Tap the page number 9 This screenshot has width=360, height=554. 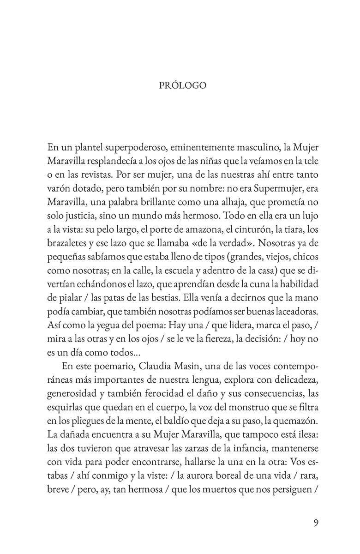point(316,523)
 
